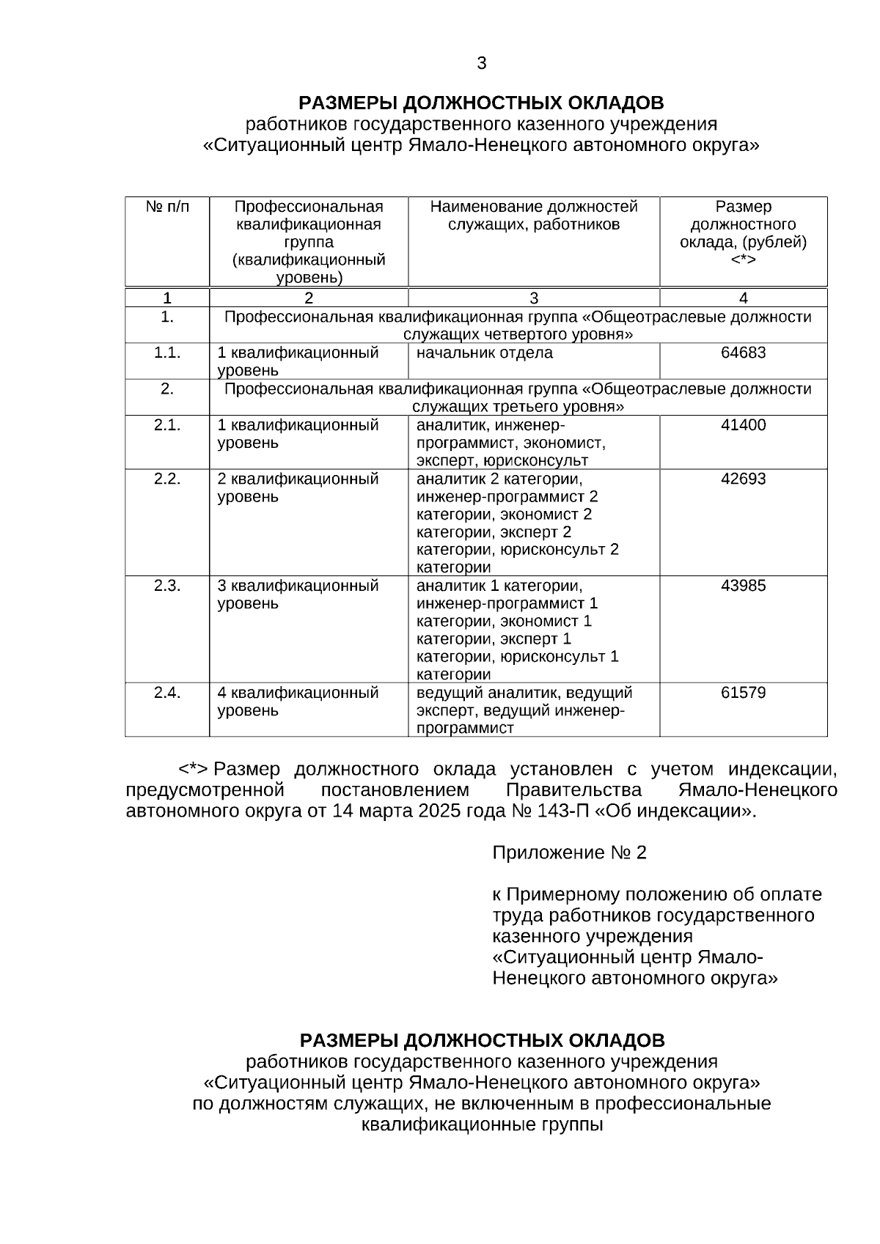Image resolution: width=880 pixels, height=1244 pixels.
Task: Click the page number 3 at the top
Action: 481,64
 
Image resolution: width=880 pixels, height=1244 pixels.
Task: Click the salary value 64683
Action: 743,353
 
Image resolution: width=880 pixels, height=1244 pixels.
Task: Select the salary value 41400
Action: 743,425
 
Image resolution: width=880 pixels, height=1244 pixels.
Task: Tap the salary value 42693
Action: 743,479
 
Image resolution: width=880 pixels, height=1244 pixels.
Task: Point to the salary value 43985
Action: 743,586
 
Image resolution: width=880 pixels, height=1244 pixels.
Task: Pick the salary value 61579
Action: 743,693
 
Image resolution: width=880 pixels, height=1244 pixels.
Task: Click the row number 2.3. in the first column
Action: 167,586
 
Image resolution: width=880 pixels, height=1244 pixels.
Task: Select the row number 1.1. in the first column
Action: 167,353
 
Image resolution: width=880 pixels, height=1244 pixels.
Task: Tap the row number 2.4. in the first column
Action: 167,693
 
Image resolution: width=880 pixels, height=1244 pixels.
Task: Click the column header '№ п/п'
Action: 167,207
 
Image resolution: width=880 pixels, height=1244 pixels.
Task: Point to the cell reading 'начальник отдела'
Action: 485,353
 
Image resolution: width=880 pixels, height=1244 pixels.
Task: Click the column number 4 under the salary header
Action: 744,298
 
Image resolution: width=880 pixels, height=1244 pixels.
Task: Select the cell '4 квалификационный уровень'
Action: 298,702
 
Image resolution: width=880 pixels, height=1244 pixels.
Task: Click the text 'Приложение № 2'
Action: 569,853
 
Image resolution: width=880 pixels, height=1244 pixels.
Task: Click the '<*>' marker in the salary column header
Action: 743,260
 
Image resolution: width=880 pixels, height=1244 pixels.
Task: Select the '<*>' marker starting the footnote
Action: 194,770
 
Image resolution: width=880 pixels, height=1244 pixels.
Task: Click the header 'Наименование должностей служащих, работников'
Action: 534,216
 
